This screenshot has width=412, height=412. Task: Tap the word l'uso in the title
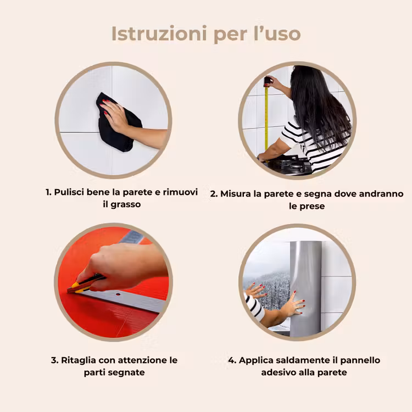277,34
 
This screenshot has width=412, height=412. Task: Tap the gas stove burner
292,164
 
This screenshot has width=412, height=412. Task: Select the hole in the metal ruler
118,294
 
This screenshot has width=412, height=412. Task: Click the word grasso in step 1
126,205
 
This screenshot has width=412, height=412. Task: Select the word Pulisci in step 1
69,192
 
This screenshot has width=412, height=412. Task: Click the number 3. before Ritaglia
54,360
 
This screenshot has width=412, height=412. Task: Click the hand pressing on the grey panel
294,305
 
